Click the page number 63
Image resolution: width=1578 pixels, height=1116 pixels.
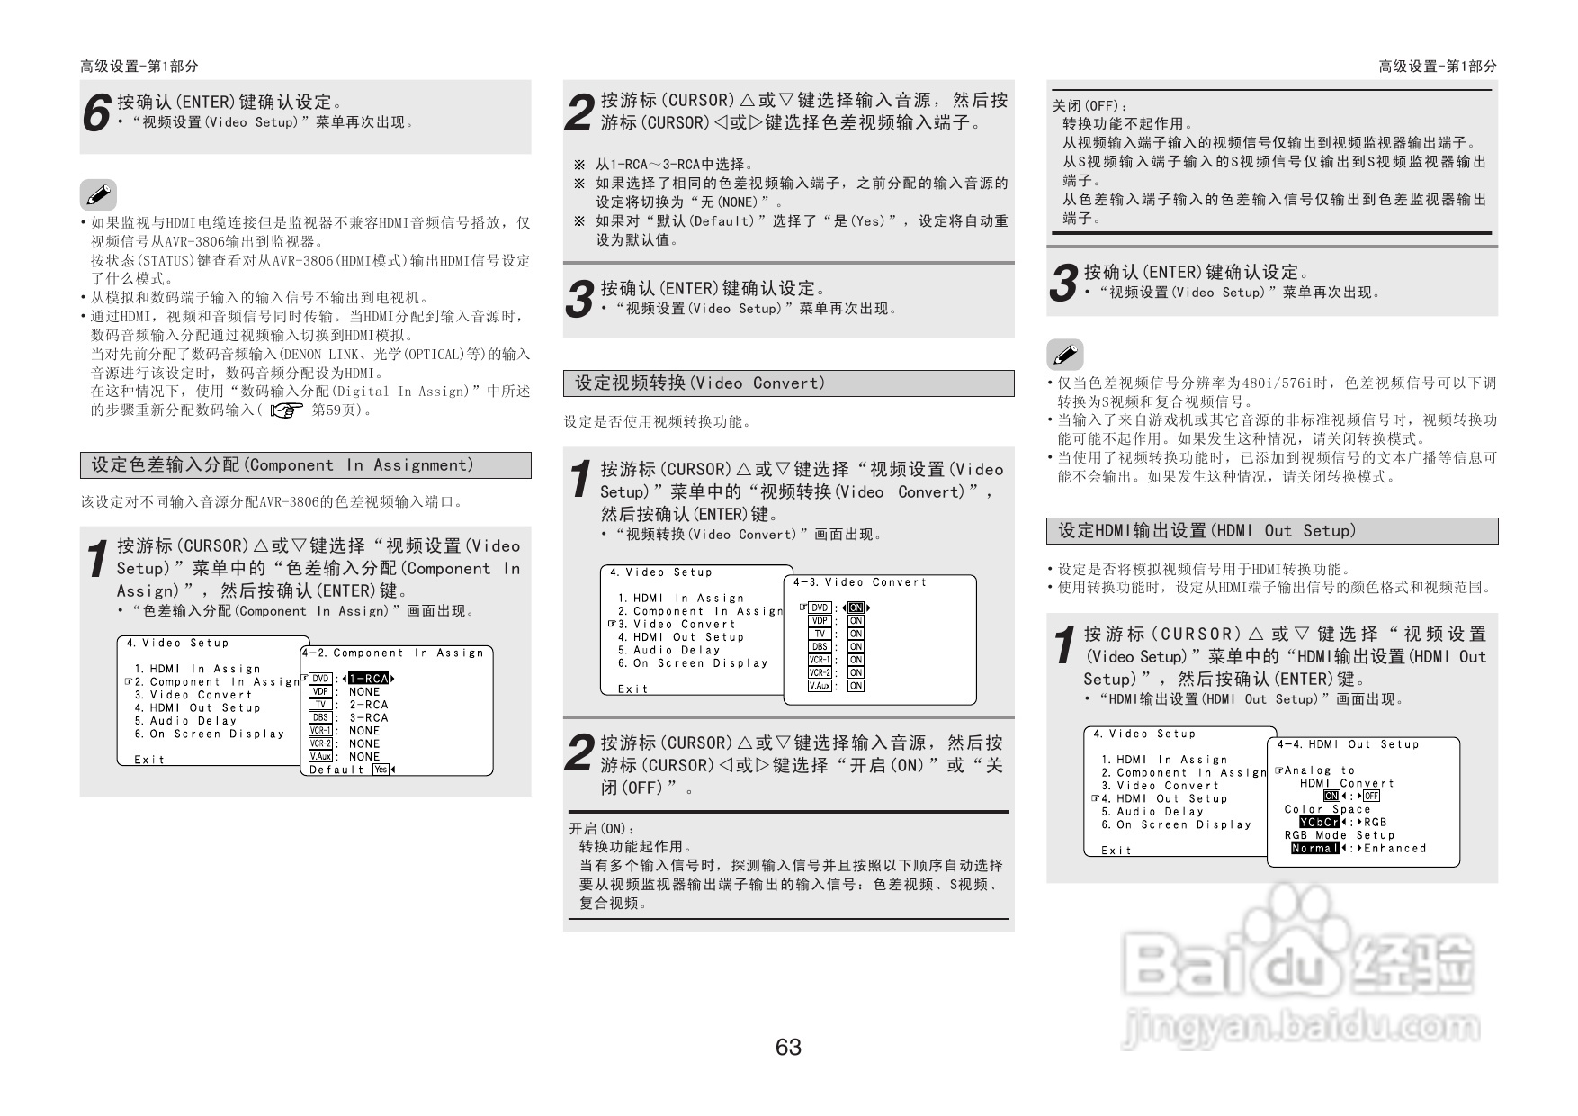(x=788, y=1047)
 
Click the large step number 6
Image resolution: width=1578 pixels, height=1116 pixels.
(x=96, y=114)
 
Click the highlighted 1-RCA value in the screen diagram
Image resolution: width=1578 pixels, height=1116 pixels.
(x=368, y=679)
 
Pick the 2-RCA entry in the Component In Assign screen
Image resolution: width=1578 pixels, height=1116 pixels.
(x=369, y=705)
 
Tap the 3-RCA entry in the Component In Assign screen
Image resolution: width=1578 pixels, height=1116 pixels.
(x=369, y=717)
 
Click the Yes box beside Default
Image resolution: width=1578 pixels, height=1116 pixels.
(x=381, y=769)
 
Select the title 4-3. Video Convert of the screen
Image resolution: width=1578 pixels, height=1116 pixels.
(x=860, y=582)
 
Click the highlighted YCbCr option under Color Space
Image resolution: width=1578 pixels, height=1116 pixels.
(x=1319, y=822)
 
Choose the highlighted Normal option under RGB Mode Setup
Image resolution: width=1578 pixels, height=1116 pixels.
(x=1314, y=848)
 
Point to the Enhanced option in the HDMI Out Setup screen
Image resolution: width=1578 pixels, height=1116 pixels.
(x=1395, y=848)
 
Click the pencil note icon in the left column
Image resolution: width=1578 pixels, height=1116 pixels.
(x=98, y=194)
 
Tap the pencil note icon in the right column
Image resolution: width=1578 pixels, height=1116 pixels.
(x=1065, y=355)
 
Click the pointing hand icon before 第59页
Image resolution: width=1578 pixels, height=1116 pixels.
(x=287, y=410)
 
